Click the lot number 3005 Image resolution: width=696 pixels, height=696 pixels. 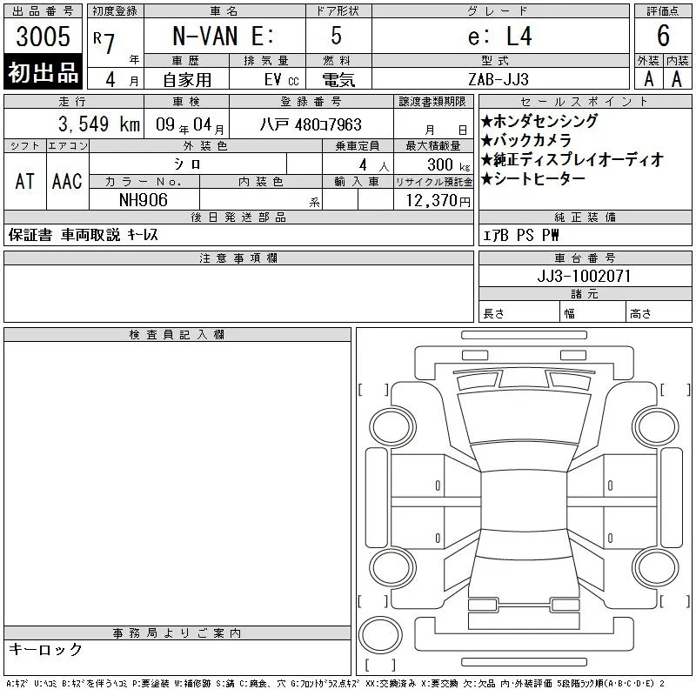click(43, 36)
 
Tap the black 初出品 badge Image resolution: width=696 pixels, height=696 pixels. click(43, 71)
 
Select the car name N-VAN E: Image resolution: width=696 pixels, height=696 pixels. click(224, 36)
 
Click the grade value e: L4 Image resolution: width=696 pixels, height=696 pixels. click(499, 36)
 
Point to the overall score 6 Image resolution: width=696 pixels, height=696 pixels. click(663, 36)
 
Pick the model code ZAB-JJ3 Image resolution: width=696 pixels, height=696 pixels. click(499, 79)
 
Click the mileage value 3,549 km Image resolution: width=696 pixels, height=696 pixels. click(99, 124)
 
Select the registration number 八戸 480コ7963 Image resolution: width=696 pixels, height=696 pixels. click(311, 124)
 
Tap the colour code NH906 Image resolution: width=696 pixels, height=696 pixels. click(144, 200)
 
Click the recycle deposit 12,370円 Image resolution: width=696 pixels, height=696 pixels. click(438, 201)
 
